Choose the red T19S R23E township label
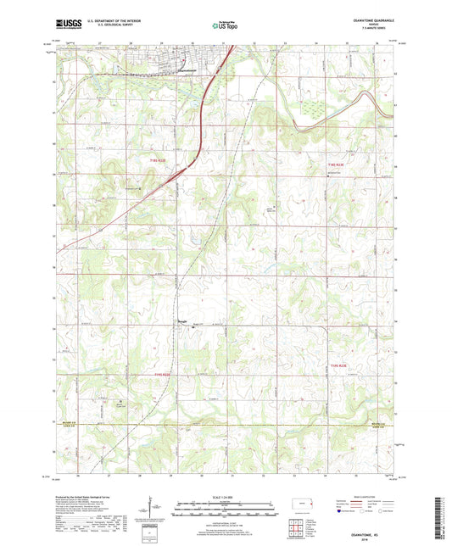click(338, 365)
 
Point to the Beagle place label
click(181, 320)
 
